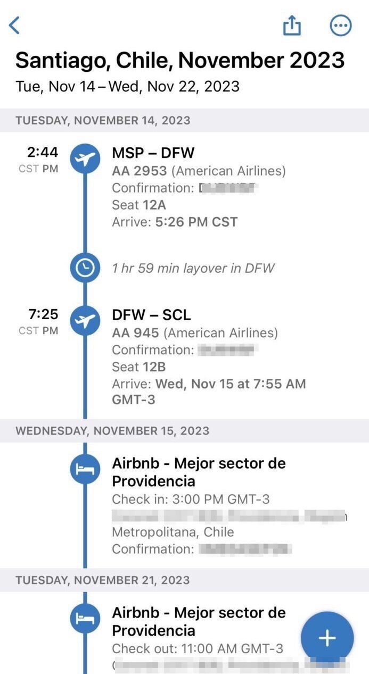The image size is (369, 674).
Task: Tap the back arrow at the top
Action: click(14, 25)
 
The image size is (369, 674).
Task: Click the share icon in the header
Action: click(292, 25)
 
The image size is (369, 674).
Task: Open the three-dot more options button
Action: click(341, 25)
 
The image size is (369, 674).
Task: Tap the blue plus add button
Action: click(327, 638)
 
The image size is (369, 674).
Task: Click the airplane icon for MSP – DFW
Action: click(85, 158)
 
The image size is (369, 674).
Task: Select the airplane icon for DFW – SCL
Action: click(85, 320)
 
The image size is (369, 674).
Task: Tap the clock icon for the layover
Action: click(85, 268)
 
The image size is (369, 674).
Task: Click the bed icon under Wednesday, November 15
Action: click(85, 469)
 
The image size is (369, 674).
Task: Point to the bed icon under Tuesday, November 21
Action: click(85, 618)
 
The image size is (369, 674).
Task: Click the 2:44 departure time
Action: click(43, 153)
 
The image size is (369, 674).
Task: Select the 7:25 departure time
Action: click(43, 314)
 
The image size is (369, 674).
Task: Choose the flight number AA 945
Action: click(135, 333)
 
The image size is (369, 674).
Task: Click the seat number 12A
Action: click(154, 205)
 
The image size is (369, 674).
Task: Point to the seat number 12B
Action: click(154, 367)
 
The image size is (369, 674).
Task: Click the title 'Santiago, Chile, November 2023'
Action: click(180, 61)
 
